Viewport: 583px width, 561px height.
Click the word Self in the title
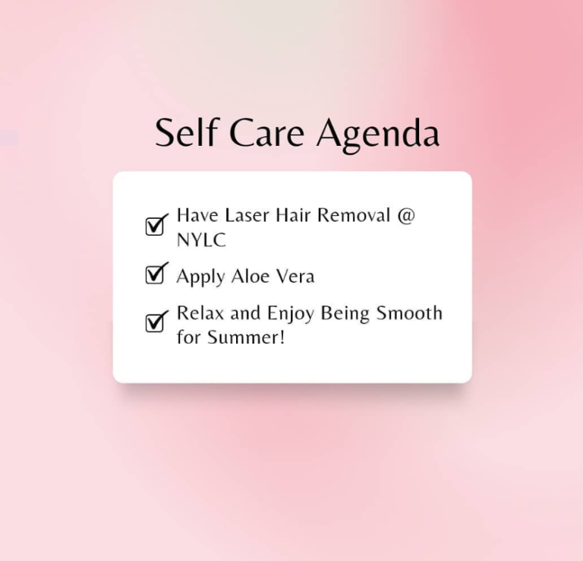tap(186, 132)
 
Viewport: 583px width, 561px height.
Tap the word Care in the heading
tap(267, 132)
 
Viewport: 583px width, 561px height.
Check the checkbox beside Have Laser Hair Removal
tap(156, 224)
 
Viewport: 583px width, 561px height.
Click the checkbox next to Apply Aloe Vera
tap(156, 273)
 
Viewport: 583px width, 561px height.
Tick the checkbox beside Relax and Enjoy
tap(156, 321)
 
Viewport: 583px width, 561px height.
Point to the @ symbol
tap(405, 216)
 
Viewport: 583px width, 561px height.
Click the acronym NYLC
tap(201, 239)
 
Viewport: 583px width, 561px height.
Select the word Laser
tap(247, 215)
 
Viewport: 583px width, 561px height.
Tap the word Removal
tap(354, 215)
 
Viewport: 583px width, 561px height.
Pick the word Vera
tap(295, 276)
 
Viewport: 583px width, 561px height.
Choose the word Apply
tap(200, 277)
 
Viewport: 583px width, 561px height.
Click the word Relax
tap(200, 312)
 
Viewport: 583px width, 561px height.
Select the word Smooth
tap(409, 312)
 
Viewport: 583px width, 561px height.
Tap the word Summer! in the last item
tap(246, 338)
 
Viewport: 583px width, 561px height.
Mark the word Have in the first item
tap(197, 215)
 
